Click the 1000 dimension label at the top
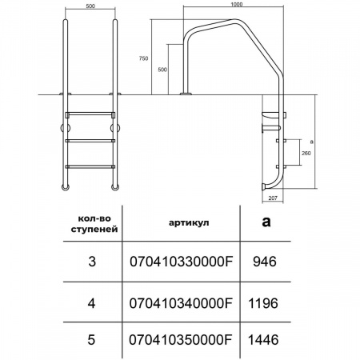click(237, 4)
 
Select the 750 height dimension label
click(143, 58)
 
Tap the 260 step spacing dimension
click(306, 154)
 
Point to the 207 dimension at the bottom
click(273, 198)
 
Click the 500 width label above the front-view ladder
click(90, 6)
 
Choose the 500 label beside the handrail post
click(162, 70)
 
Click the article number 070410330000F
click(182, 262)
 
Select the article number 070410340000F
click(181, 303)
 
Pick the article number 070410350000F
click(181, 340)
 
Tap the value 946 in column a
click(265, 262)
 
